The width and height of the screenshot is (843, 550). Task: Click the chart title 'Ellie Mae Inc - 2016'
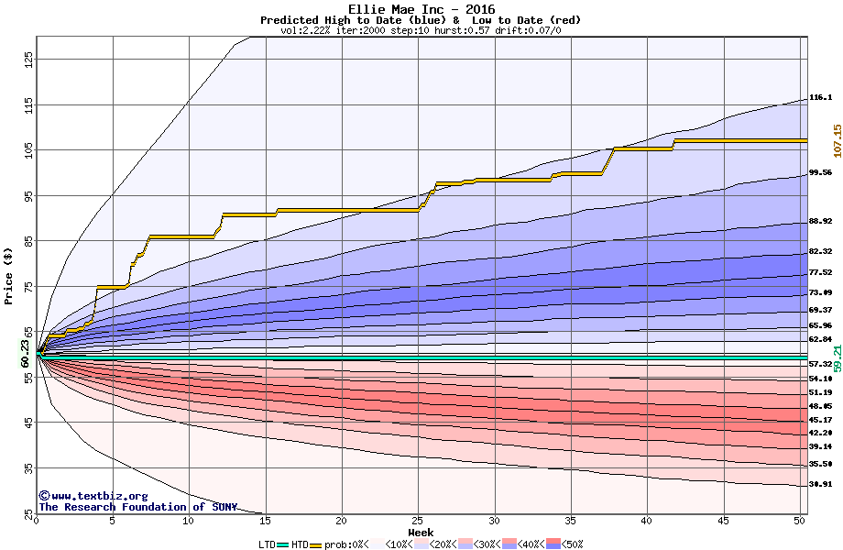(421, 9)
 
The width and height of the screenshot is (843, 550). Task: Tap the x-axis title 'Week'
(421, 533)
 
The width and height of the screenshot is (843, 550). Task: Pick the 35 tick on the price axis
(28, 467)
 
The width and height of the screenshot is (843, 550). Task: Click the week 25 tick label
(418, 521)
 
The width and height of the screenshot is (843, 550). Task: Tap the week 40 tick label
(646, 521)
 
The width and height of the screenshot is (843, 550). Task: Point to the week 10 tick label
(189, 521)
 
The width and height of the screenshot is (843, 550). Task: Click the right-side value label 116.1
(820, 97)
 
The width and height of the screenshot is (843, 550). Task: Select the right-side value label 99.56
(820, 172)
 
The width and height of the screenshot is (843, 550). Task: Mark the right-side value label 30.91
(820, 484)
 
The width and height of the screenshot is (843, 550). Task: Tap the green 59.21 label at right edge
(837, 352)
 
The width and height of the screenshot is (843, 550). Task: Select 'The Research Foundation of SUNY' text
(137, 507)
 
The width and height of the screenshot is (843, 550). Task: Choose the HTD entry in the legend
(300, 544)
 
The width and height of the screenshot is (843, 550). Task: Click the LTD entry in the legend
(267, 544)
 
